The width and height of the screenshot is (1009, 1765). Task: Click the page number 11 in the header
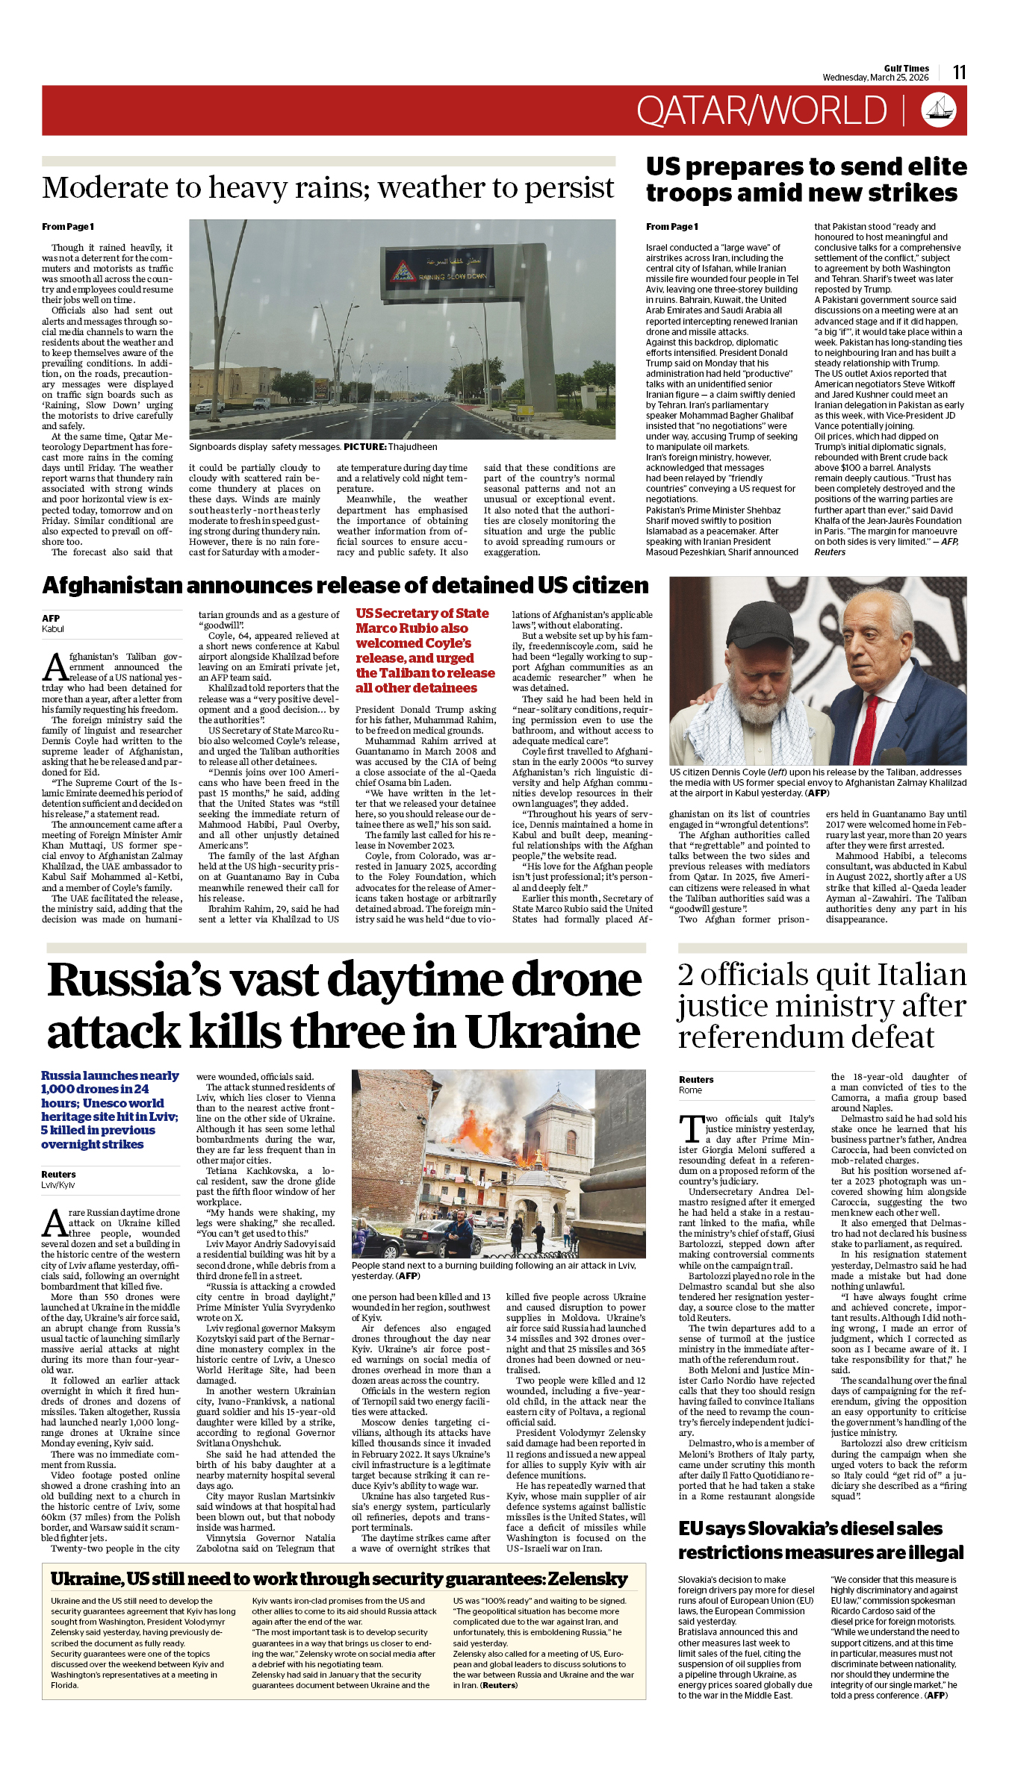pos(959,72)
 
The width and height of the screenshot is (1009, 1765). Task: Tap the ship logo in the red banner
pos(939,110)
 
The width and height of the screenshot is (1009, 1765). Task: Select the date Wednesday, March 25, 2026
pos(875,78)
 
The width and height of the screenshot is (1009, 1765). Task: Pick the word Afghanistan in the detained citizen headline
pos(112,585)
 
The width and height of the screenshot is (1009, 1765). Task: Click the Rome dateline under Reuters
pos(690,1090)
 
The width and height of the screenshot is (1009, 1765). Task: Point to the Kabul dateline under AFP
pos(53,629)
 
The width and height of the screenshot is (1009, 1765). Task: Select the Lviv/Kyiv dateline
pos(58,1184)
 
